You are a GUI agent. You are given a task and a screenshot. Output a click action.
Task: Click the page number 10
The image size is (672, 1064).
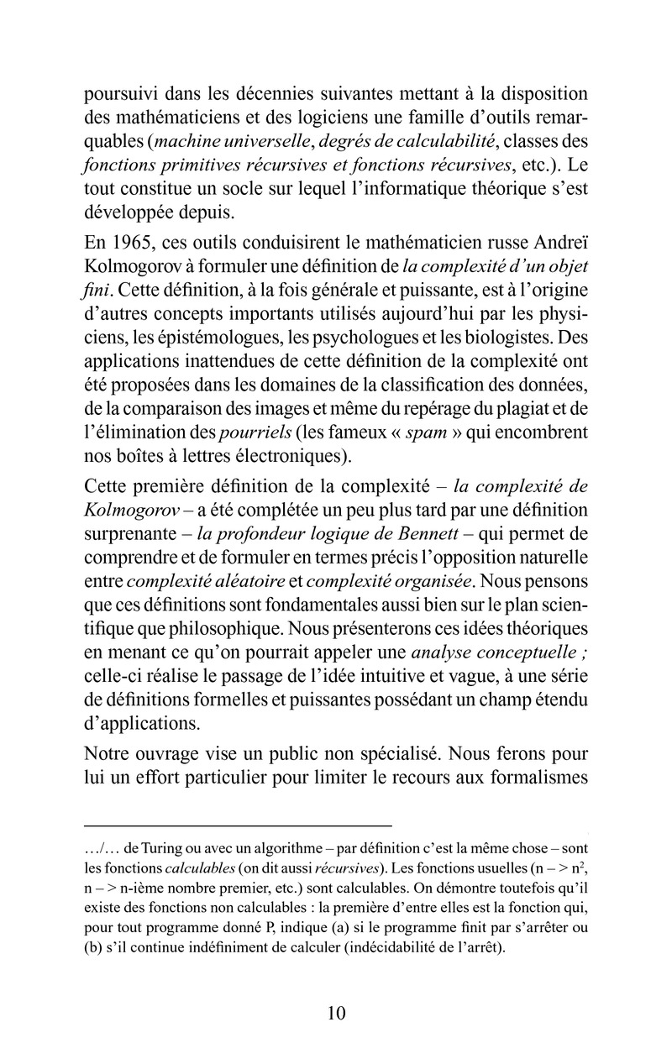pyautogui.click(x=336, y=1012)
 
